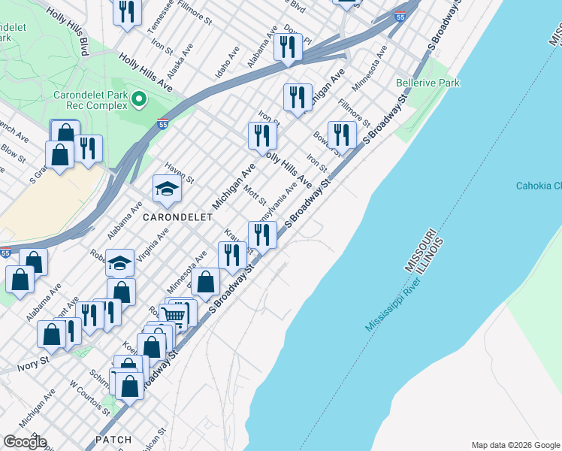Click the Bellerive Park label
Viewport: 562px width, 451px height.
tap(428, 83)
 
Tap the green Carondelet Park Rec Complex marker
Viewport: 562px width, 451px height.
tap(138, 99)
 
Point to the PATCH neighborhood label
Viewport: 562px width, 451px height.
tap(113, 439)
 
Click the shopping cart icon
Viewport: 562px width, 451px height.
tap(174, 315)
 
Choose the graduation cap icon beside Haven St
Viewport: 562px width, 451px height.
tap(167, 189)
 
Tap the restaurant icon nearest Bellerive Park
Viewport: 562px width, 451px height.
tap(342, 135)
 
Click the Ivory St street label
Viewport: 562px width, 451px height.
tap(33, 368)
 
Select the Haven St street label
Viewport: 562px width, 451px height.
tap(180, 175)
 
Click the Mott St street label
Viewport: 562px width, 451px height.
tap(257, 192)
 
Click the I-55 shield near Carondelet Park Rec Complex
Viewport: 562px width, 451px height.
tap(162, 125)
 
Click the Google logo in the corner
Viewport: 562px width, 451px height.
tap(24, 442)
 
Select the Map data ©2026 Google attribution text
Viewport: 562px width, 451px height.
tap(515, 445)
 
